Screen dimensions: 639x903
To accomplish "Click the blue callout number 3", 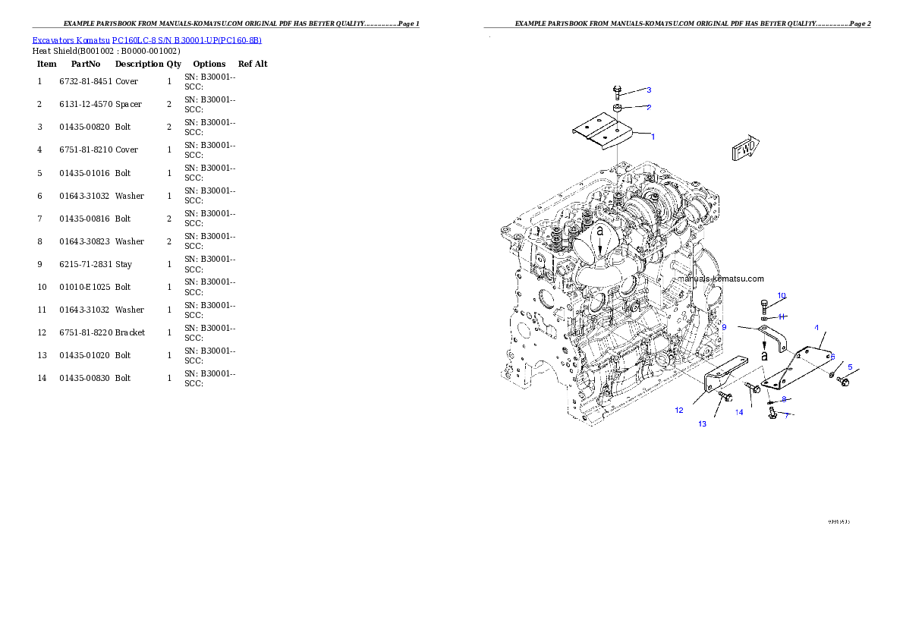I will click(x=649, y=90).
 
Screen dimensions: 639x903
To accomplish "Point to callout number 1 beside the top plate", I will click(x=653, y=137).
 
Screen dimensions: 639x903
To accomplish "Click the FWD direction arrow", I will click(x=744, y=149).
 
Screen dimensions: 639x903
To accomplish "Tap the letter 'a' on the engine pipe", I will click(x=599, y=229).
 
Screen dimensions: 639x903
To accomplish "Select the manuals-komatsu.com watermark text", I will click(x=721, y=279).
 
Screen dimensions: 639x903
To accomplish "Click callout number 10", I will click(x=782, y=295).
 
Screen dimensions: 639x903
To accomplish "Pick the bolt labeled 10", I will click(x=763, y=307).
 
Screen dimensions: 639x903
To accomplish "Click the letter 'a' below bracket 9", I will click(x=765, y=354).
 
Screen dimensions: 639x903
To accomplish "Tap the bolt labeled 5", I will click(x=842, y=379).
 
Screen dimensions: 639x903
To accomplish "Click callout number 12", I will click(x=679, y=410).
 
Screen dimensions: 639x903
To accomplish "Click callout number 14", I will click(x=739, y=412).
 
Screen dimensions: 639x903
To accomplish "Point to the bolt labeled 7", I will click(x=772, y=412).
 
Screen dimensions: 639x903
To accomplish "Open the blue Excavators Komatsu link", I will click(x=146, y=40).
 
